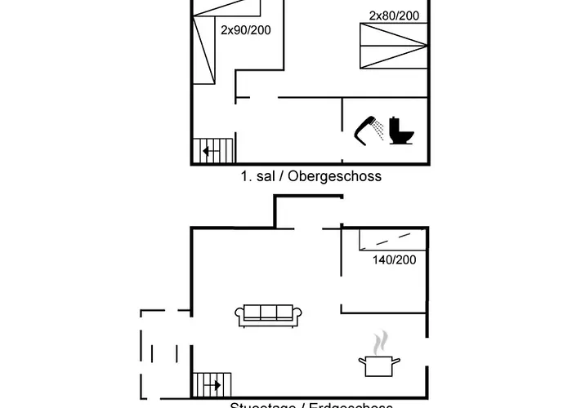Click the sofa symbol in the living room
[269, 315]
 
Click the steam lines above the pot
[380, 341]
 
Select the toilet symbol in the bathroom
[402, 129]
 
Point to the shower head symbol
[369, 129]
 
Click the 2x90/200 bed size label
[246, 30]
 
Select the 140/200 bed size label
[395, 259]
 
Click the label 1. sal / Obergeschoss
[311, 175]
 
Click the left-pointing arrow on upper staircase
[209, 151]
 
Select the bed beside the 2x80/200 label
[393, 47]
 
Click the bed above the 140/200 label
[393, 238]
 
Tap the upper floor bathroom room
[384, 131]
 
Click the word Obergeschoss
[342, 175]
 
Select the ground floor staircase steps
[212, 384]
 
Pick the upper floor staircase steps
[213, 151]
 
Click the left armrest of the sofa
[239, 316]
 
